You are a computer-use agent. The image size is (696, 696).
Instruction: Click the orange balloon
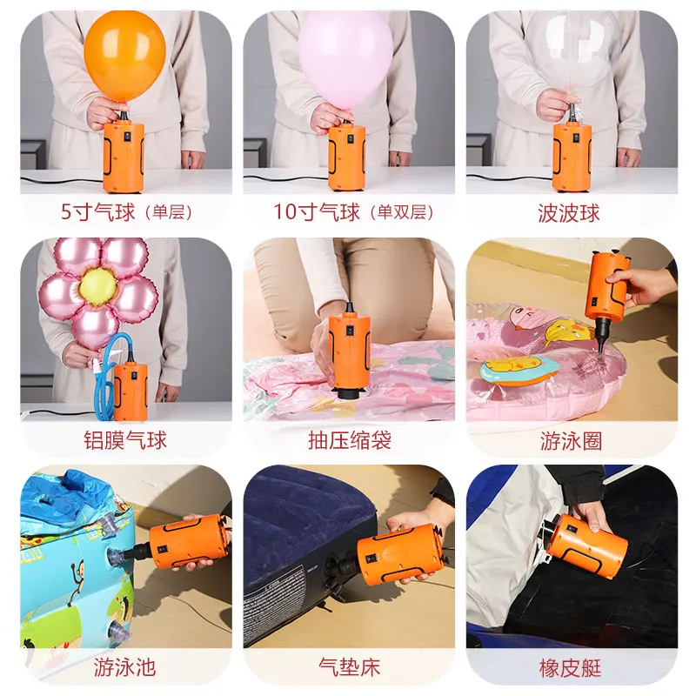click(x=124, y=56)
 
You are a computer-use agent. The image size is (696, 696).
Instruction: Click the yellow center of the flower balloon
click(x=98, y=286)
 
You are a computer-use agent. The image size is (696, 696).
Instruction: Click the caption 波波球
click(x=569, y=213)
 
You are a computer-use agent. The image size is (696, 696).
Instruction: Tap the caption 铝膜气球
click(x=125, y=440)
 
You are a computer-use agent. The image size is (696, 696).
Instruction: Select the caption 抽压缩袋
click(x=350, y=440)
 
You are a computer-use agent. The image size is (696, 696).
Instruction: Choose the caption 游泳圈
click(x=572, y=441)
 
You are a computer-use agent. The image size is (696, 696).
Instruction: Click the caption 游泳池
click(x=124, y=667)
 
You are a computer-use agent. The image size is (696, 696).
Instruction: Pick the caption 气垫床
click(x=350, y=667)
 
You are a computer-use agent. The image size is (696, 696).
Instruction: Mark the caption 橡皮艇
click(x=571, y=668)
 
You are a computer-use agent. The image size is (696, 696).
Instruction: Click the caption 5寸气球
click(x=97, y=211)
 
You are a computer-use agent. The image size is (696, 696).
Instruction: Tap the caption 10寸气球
click(x=317, y=211)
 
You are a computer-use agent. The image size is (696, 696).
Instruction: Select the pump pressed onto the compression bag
click(x=350, y=351)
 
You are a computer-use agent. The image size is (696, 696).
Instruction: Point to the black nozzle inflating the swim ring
click(x=602, y=336)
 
